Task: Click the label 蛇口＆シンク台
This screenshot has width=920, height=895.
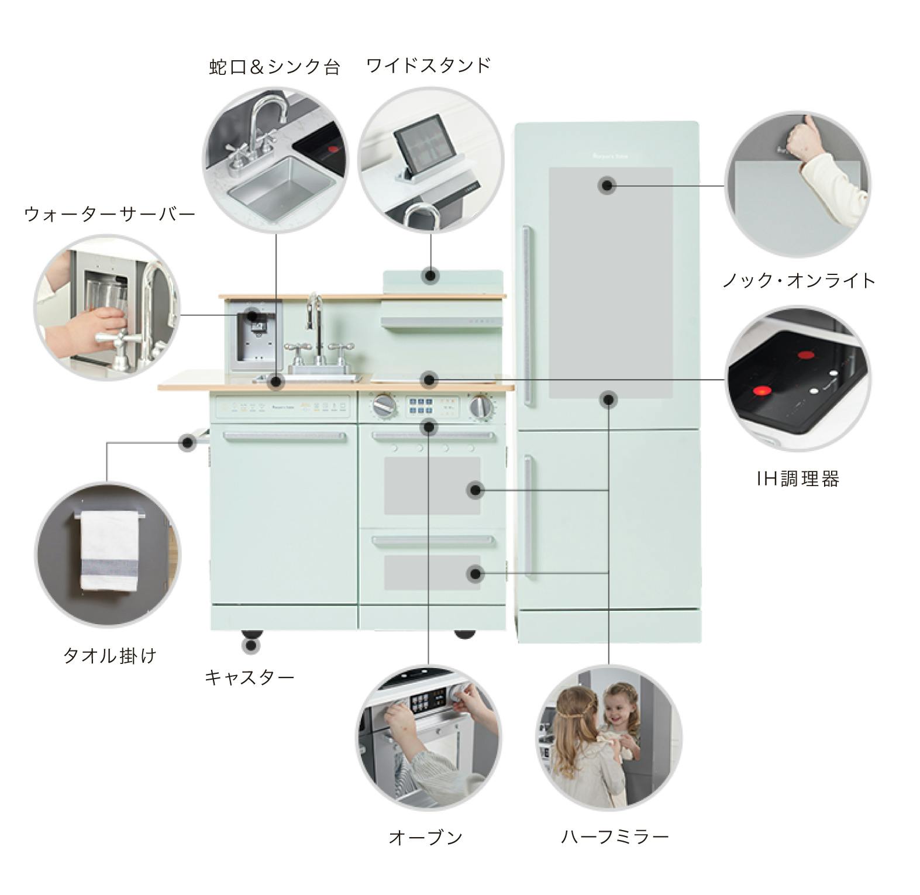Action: coord(274,67)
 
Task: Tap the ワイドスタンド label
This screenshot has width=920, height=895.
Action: coord(428,65)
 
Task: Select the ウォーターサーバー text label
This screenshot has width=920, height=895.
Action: coord(109,214)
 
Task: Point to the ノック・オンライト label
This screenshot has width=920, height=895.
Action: coord(798,280)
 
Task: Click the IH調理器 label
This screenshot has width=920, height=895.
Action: coord(798,479)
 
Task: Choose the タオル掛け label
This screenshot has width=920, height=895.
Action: coord(109,655)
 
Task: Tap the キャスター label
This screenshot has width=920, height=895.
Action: coord(249,677)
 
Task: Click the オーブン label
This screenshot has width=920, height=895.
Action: coord(425,837)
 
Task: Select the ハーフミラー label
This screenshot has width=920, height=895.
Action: coord(615,837)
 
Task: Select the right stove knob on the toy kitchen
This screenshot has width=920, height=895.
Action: coord(480,406)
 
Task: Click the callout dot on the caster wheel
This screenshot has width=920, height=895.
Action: coord(251,646)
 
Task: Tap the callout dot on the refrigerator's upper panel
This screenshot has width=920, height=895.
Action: coord(607,186)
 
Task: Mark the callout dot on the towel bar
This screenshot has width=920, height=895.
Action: coord(188,442)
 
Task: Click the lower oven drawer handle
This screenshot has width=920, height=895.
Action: coord(433,542)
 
